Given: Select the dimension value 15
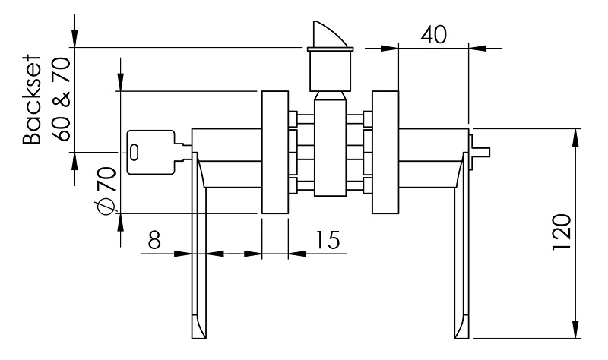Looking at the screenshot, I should point(326,241).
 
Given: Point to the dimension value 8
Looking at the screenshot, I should point(154,241).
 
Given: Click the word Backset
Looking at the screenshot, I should point(31,99).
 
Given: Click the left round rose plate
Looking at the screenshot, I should point(274,153).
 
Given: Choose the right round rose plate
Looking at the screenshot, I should point(385,153).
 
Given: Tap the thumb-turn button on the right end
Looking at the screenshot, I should point(480,149).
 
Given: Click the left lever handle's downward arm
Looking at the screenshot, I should point(197,258).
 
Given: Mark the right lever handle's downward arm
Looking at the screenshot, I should point(461,258).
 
